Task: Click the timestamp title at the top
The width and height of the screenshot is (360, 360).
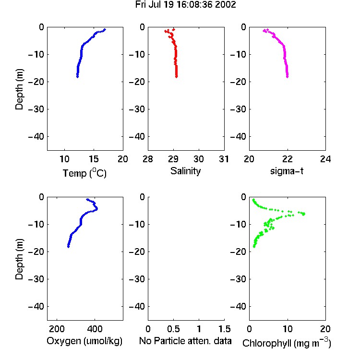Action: pos(185,5)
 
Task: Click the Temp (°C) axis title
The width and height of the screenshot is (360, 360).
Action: pos(84,173)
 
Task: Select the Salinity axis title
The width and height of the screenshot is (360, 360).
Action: pos(185,171)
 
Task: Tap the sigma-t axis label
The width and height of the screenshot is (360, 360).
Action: pos(287,171)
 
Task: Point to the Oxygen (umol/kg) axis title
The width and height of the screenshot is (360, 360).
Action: pos(84,341)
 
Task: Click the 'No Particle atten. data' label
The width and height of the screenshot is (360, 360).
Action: pos(185,341)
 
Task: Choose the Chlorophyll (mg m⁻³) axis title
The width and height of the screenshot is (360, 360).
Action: pos(287,343)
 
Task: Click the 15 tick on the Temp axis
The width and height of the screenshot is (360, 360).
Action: pos(94,159)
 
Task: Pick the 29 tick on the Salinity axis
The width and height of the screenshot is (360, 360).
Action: pos(173,159)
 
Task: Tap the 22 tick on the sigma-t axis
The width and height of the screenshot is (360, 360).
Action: pos(287,159)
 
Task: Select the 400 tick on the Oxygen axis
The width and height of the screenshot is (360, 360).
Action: pos(95,329)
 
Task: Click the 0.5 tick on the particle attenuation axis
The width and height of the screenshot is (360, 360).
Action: pos(173,329)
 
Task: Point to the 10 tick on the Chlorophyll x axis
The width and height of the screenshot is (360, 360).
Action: pos(287,329)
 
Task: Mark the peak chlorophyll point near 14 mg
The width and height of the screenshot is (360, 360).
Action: pos(303,214)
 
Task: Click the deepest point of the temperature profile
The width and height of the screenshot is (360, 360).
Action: pos(77,77)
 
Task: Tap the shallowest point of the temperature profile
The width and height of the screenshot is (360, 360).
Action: pos(105,30)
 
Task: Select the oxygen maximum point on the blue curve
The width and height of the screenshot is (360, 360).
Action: pos(96,209)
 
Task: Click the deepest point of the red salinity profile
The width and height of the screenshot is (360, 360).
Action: pos(176,77)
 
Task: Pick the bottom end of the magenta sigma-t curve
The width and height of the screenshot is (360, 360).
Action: pos(287,77)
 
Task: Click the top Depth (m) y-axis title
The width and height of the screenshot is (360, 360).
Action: pos(19,89)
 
